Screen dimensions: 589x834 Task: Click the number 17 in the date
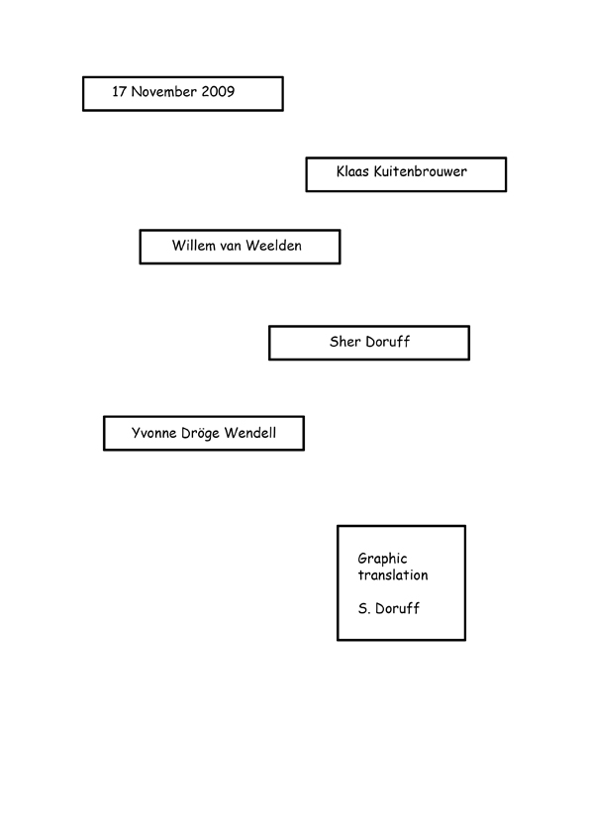click(x=119, y=91)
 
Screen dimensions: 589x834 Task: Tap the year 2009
click(x=218, y=91)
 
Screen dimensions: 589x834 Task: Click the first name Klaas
click(x=352, y=171)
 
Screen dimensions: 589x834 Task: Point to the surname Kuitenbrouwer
click(x=421, y=171)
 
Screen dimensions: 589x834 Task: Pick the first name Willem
click(x=190, y=246)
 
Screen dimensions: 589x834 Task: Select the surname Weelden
click(x=274, y=246)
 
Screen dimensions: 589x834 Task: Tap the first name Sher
click(x=345, y=342)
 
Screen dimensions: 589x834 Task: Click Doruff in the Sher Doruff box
click(x=388, y=342)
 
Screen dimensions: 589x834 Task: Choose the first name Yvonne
click(x=153, y=433)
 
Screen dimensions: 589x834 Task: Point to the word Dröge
click(x=200, y=434)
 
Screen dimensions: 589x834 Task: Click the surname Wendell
click(x=250, y=433)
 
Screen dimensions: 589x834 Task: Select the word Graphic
click(x=383, y=559)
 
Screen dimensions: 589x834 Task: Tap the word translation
click(x=393, y=574)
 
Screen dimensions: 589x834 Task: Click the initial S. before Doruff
click(x=363, y=608)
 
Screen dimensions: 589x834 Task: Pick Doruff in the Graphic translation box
click(x=397, y=608)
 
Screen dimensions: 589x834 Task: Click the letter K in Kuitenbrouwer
click(x=378, y=171)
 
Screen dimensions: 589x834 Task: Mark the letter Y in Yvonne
click(x=136, y=433)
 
